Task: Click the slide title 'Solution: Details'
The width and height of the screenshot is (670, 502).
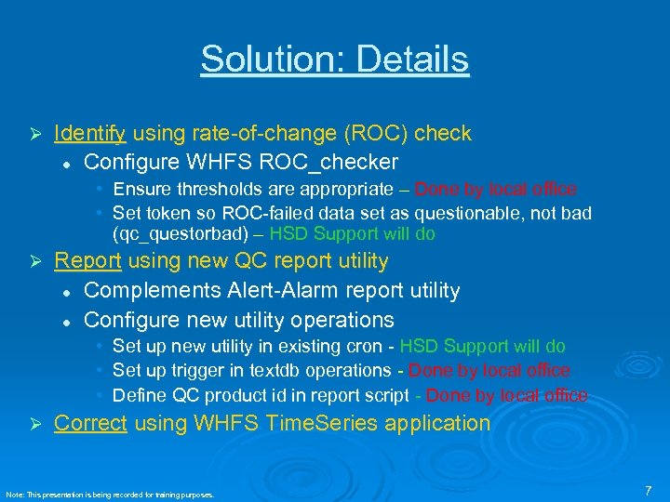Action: coord(334,59)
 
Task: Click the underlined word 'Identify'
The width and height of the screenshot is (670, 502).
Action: coord(89,134)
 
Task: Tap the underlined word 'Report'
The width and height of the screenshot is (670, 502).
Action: coord(87,261)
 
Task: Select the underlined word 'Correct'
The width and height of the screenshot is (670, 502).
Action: coord(90,423)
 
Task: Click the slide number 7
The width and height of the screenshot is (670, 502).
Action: coord(648,489)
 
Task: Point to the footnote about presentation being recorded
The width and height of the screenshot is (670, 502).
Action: coord(110,495)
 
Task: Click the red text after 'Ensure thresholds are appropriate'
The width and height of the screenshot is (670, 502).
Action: coord(495,190)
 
